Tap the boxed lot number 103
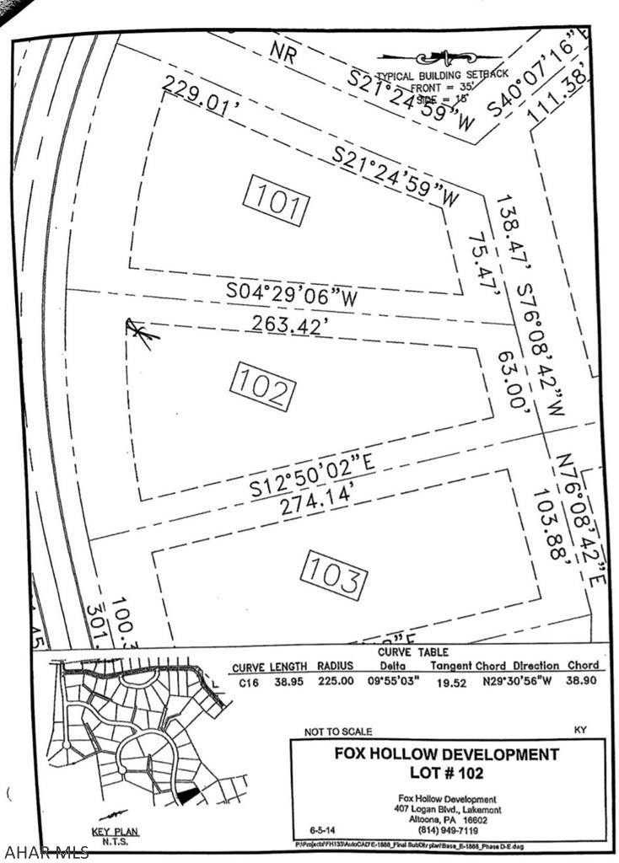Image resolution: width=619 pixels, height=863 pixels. [x=336, y=575]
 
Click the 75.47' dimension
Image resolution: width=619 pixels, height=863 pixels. [x=483, y=261]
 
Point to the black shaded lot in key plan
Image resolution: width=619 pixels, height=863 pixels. [x=187, y=794]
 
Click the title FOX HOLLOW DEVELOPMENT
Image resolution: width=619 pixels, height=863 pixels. [x=448, y=753]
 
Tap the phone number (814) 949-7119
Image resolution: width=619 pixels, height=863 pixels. [x=447, y=828]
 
